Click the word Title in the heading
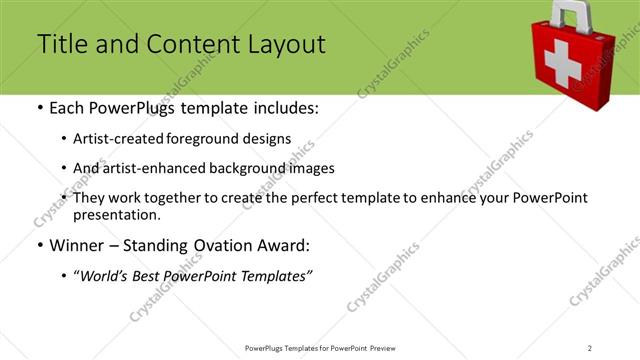coord(60,44)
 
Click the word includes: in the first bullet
coord(283,107)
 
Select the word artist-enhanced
coord(149,168)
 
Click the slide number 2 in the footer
coord(589,347)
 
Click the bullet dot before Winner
coord(39,245)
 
